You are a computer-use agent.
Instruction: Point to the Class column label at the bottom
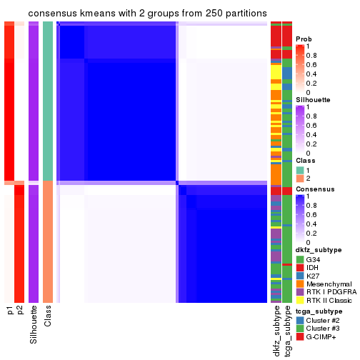48,317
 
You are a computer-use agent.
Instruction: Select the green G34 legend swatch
300,259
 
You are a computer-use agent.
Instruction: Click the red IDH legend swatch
300,267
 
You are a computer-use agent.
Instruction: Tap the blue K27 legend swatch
300,276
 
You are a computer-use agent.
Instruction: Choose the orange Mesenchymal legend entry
300,284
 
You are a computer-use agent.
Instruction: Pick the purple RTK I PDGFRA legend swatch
300,293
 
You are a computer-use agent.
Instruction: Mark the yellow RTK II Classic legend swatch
300,301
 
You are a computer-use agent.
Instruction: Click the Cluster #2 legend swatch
300,319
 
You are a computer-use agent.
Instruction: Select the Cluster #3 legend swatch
300,328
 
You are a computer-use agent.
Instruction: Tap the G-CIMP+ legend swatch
300,336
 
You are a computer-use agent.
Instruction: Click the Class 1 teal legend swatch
300,170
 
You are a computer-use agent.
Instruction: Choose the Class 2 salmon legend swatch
300,179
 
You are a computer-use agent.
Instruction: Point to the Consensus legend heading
312,189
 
